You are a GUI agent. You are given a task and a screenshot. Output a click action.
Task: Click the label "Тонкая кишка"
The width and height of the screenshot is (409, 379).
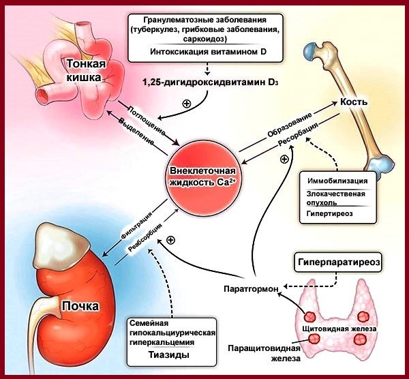[85, 70]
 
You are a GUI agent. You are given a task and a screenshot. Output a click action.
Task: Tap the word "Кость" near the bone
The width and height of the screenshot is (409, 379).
[354, 102]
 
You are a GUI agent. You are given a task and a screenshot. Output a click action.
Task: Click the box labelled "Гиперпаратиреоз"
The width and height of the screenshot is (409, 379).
[336, 261]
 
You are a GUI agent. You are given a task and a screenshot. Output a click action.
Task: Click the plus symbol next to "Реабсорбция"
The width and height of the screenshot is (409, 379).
[170, 239]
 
